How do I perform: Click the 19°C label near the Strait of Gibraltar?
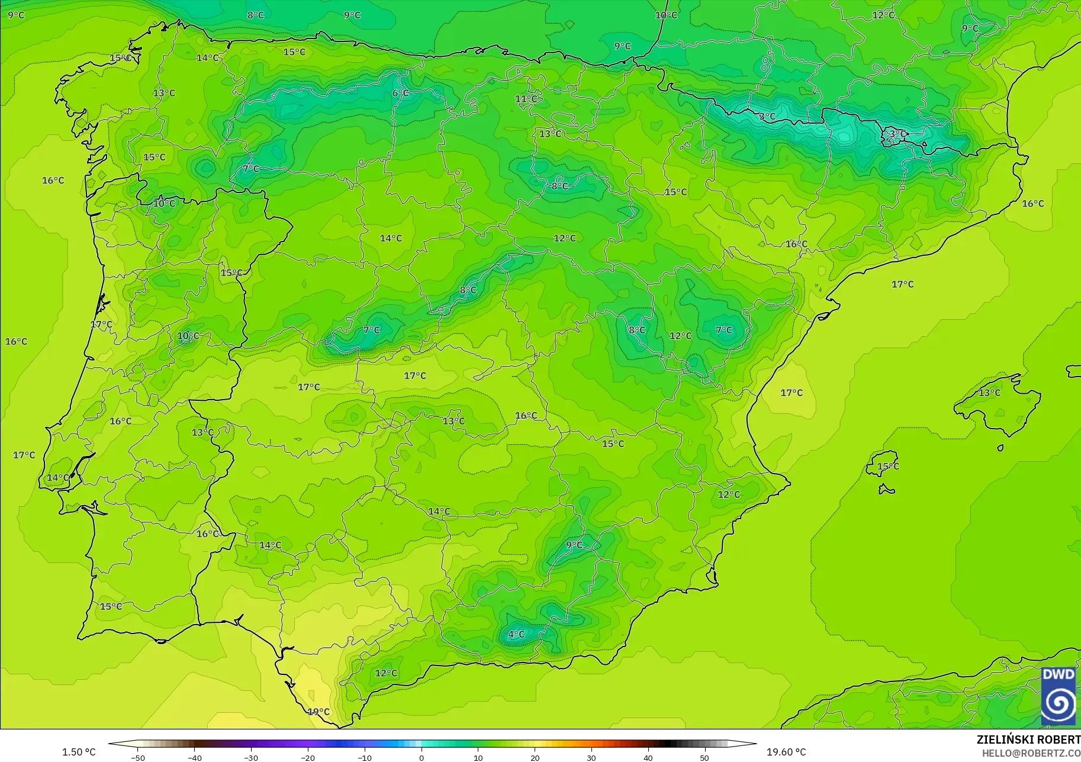point(318,712)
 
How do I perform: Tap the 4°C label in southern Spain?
point(516,634)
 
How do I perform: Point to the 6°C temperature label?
point(400,93)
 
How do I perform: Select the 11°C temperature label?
point(526,99)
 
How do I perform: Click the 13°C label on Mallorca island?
point(989,393)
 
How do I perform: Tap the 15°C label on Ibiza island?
point(887,467)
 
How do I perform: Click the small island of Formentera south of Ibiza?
point(886,490)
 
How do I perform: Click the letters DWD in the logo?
point(1059,675)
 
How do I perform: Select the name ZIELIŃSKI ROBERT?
point(1028,740)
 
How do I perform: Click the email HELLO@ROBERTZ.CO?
point(1031,753)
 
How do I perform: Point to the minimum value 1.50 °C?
point(79,752)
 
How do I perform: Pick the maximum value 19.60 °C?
point(786,752)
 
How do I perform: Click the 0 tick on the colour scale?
point(421,758)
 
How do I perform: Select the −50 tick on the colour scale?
point(137,758)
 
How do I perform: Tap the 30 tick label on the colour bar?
point(591,758)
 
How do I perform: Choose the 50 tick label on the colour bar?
point(704,758)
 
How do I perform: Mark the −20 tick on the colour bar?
point(307,758)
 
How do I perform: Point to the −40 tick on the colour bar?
point(194,758)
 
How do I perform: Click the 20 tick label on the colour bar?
point(535,758)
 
